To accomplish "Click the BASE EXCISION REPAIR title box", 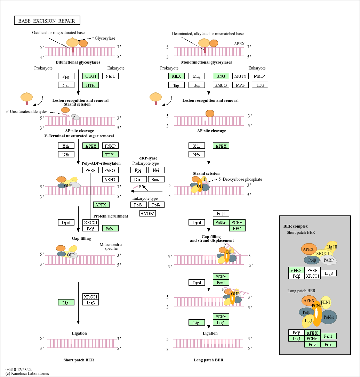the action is (47, 21).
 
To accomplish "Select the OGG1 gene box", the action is (90, 76).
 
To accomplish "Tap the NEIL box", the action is (110, 76).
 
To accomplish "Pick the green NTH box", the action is (90, 85).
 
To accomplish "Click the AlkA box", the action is (176, 76).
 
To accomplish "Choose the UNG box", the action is (221, 76).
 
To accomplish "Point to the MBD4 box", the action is (260, 76).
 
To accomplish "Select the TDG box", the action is (260, 85).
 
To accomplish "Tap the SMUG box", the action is (221, 85).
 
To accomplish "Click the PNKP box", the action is (110, 146).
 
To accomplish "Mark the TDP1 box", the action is (110, 154).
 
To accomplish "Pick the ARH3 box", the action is (110, 179).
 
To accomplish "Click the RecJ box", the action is (156, 179).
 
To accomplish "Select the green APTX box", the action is (101, 205).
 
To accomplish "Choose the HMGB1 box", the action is (147, 213).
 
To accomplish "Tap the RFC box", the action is (237, 228).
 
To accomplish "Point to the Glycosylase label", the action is (105, 38).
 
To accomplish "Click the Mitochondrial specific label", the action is (111, 246).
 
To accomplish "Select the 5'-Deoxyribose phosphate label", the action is (240, 179).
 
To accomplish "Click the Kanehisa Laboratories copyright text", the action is (27, 374).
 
